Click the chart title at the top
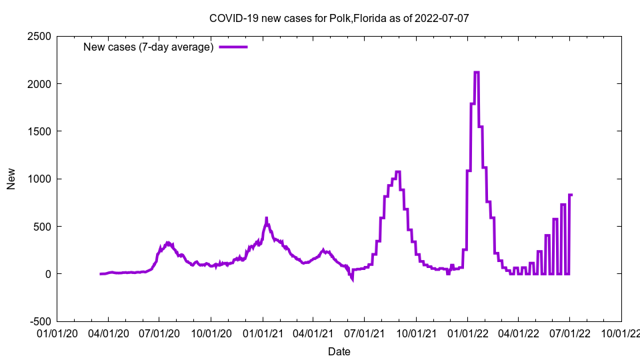(339, 18)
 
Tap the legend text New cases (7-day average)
(148, 47)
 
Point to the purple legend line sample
(233, 47)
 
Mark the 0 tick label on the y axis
(48, 274)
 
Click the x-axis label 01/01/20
(57, 331)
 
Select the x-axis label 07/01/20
(159, 331)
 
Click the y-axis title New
(11, 179)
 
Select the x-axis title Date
(339, 351)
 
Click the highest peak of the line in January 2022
(477, 72)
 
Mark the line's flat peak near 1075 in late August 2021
(398, 172)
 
